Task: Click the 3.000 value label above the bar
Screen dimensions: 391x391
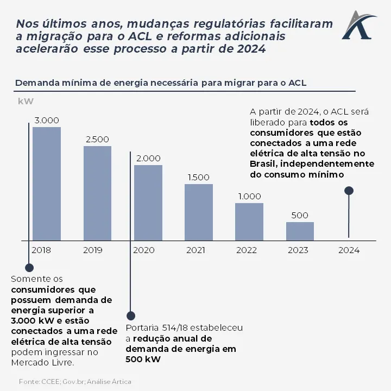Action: [x=47, y=121]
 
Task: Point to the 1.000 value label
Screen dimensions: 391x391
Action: [x=249, y=197]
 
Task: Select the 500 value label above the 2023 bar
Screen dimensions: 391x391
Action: [x=300, y=215]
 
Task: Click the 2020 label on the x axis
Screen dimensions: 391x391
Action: [x=144, y=250]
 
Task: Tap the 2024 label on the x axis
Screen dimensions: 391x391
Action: [x=349, y=250]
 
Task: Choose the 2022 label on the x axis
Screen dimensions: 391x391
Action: [x=247, y=250]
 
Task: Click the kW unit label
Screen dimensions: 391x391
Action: [x=26, y=101]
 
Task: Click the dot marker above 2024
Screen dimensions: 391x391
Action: [x=349, y=191]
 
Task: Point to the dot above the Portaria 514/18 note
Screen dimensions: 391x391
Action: [x=130, y=315]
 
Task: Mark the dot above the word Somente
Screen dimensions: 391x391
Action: [x=29, y=268]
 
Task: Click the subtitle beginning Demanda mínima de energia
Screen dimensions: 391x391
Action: [x=161, y=83]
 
